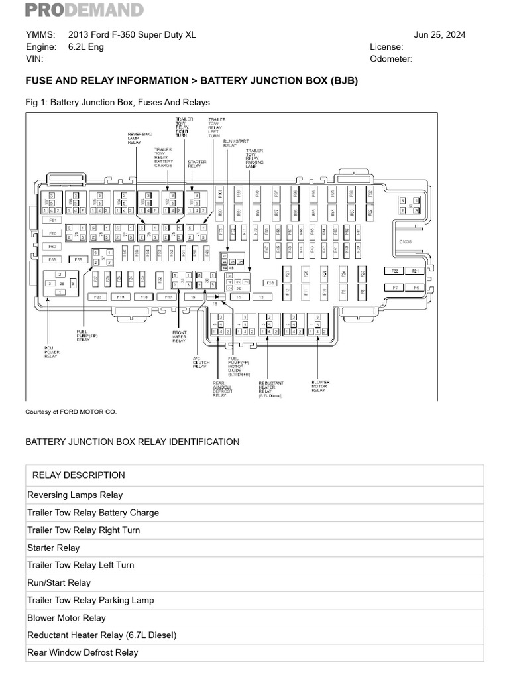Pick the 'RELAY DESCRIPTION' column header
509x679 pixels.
click(x=78, y=475)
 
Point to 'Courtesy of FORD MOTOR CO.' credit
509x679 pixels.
click(x=71, y=412)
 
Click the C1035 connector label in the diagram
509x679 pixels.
click(x=405, y=243)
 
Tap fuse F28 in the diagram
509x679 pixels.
click(x=270, y=282)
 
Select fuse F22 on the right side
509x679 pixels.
click(x=394, y=271)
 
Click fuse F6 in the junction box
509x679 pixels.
click(x=416, y=288)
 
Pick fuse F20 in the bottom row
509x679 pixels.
click(x=97, y=298)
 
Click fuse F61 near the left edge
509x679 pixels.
click(x=52, y=220)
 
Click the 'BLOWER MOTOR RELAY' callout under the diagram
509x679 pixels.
click(x=319, y=386)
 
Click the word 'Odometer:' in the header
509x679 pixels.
click(x=391, y=59)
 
